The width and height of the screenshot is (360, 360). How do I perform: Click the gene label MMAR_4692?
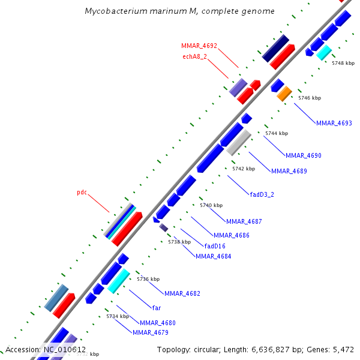click(199, 46)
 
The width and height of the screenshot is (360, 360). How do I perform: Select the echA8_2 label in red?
click(194, 57)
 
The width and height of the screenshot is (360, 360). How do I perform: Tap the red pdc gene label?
click(82, 193)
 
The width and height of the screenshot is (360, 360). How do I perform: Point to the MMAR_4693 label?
click(334, 124)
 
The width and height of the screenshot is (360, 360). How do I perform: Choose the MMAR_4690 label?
click(303, 156)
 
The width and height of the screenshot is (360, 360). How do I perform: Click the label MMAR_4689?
click(289, 172)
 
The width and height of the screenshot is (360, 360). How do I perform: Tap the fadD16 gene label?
click(215, 246)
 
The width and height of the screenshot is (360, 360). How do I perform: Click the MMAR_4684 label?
click(213, 257)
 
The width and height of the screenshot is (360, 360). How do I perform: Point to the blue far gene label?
click(157, 307)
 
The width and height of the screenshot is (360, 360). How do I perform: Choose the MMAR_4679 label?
click(150, 332)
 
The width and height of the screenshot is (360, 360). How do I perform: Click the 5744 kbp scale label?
click(277, 133)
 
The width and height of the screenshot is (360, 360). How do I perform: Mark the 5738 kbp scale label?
click(179, 242)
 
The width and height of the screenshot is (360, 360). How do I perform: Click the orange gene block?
click(284, 94)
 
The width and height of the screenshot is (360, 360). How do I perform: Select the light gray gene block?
click(239, 143)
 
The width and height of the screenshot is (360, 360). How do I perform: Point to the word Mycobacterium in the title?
click(113, 11)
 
